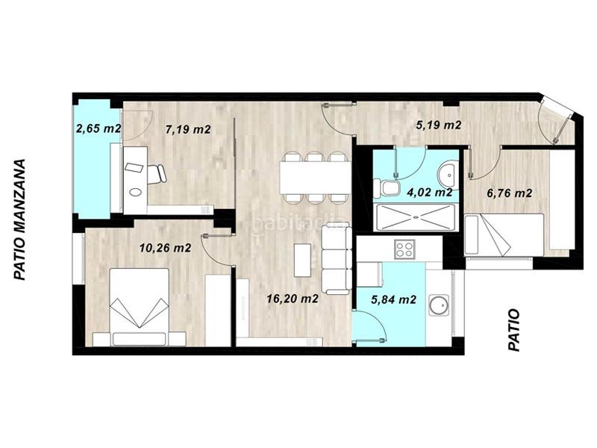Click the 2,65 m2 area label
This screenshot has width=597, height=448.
pos(99,128)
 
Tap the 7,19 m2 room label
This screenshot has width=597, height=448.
pos(187,129)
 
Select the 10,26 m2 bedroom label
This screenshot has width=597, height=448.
pos(165,248)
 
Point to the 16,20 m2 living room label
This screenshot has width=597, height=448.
pos(293,299)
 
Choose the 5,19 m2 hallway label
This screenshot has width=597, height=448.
pos(438,125)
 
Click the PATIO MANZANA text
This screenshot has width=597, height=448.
pos(20,218)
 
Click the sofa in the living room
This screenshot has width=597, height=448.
pos(336,260)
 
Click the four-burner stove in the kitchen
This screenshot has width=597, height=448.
pos(405,249)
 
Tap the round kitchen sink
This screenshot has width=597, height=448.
pos(440,305)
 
